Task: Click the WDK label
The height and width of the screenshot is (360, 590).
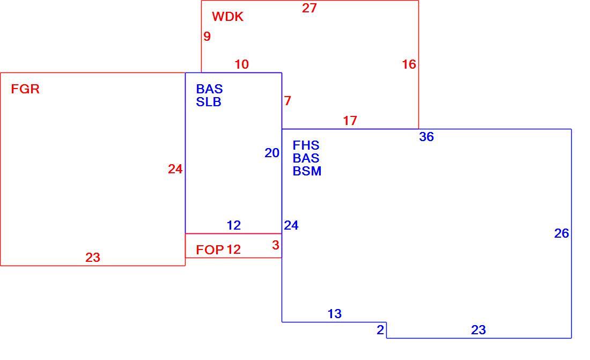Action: (227, 17)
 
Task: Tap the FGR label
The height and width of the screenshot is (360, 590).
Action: (25, 89)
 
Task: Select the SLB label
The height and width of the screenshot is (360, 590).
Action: (209, 102)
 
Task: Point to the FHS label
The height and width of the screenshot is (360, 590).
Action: (306, 145)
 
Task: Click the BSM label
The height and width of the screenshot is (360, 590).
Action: (307, 171)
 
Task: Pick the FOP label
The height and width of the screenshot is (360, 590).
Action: (210, 249)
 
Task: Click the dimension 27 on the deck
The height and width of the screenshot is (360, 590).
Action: (309, 8)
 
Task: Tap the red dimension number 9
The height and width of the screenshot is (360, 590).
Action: (207, 36)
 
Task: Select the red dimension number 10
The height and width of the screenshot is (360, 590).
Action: (241, 64)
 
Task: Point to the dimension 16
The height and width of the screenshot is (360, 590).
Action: (409, 64)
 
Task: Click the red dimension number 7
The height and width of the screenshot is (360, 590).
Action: (287, 101)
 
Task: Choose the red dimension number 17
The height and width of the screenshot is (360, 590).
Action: (350, 121)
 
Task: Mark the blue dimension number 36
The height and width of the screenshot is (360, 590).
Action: (426, 137)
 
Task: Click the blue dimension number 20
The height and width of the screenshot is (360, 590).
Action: (272, 153)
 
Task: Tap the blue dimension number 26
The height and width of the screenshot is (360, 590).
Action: (562, 233)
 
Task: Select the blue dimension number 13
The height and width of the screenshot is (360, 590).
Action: (335, 314)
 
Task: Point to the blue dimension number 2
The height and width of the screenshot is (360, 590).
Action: (380, 330)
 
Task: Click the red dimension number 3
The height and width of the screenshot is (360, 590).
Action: (276, 245)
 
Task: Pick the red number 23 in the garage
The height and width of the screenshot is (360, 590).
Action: (93, 258)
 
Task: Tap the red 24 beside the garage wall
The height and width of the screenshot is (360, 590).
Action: (175, 169)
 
